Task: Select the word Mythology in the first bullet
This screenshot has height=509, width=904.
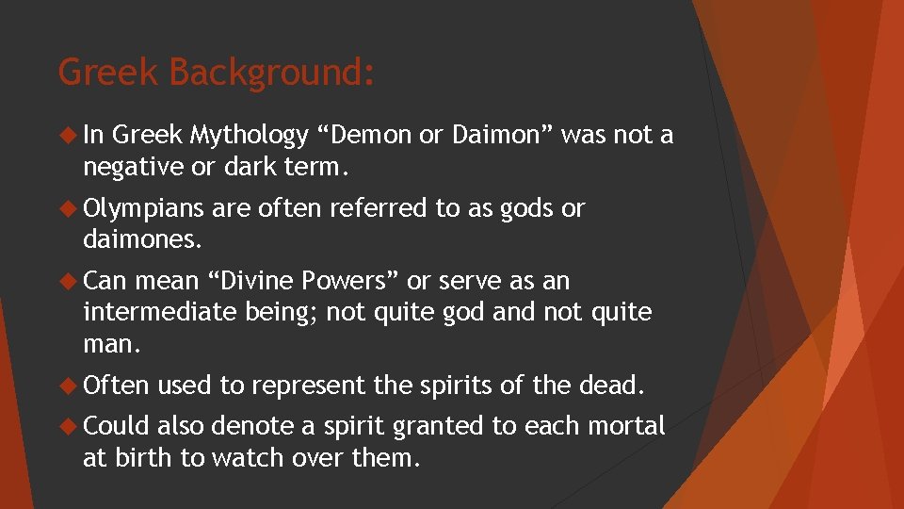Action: [x=249, y=137]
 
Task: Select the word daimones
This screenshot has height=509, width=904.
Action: [x=142, y=239]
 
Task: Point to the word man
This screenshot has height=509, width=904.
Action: [x=110, y=344]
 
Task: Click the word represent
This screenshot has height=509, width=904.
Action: [x=309, y=386]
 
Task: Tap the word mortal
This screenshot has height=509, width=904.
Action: [x=626, y=426]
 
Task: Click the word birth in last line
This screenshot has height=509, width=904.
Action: [x=144, y=457]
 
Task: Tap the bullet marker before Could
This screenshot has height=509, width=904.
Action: [x=70, y=426]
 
